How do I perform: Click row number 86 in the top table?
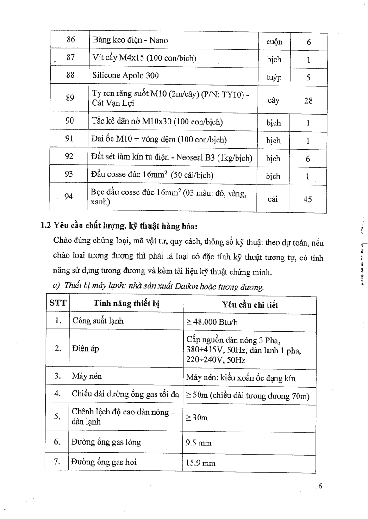71,40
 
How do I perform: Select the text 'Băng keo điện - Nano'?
130,40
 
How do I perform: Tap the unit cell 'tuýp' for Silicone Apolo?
274,78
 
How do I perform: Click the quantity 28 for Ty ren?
308,100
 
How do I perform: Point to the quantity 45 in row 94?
308,199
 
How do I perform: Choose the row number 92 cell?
71,158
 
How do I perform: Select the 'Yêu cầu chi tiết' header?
250,305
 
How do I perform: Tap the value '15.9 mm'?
199,462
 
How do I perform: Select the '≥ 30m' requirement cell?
197,418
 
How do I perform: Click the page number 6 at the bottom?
319,486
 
